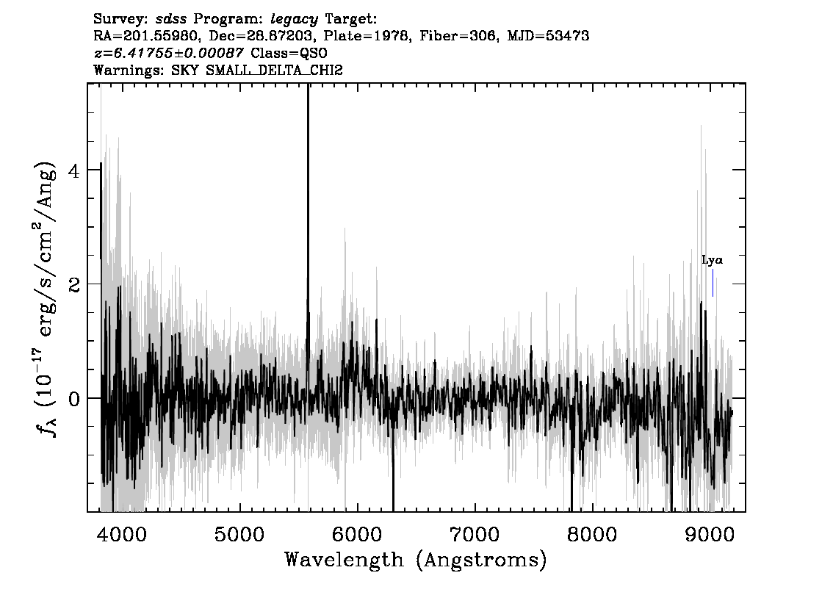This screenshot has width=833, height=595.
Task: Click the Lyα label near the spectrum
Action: click(x=712, y=260)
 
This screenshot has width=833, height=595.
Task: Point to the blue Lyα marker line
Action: click(x=713, y=283)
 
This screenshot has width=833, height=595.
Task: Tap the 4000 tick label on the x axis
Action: click(x=121, y=534)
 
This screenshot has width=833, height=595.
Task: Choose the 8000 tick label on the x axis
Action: click(x=592, y=534)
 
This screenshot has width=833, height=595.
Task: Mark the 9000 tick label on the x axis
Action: click(x=709, y=534)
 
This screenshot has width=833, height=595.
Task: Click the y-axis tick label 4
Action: click(x=74, y=171)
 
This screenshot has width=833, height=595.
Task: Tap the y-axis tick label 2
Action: click(x=74, y=285)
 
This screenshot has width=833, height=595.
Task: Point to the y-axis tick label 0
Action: click(x=74, y=399)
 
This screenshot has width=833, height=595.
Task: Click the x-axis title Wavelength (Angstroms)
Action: click(x=416, y=560)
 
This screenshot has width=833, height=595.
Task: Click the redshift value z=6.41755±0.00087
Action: click(x=168, y=53)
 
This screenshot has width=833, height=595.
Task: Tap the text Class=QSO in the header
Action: click(x=289, y=53)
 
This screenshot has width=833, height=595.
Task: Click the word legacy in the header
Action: click(x=295, y=20)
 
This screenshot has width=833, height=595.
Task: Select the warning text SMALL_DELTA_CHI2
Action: click(x=274, y=70)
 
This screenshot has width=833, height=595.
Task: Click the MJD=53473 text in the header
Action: click(x=548, y=36)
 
